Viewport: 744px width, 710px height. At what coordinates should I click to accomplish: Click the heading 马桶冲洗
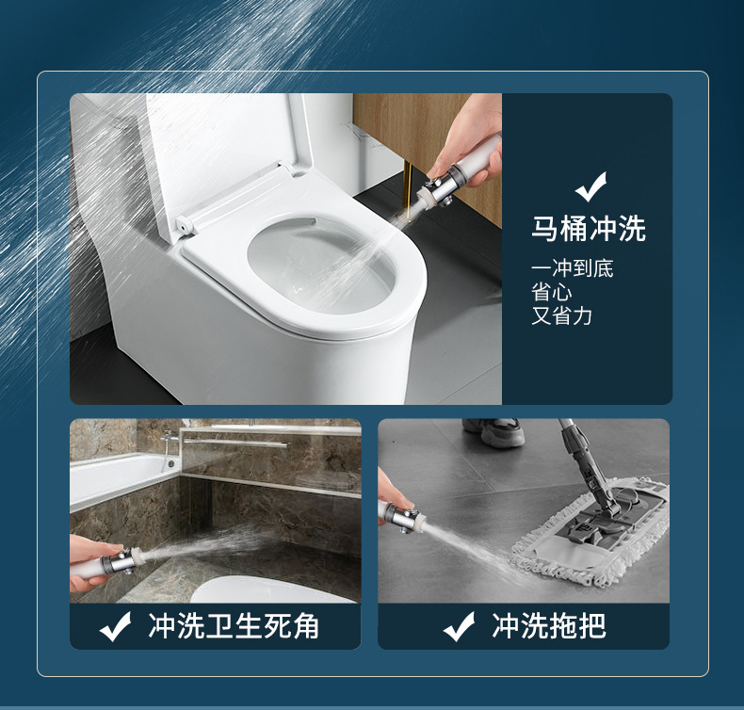tap(589, 229)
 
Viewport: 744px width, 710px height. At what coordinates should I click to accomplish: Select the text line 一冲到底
tap(572, 269)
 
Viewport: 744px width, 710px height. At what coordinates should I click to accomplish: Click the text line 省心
tap(551, 293)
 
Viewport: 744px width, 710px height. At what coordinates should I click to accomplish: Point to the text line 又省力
tap(561, 316)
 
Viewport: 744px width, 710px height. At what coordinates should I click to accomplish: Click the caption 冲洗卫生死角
tap(234, 626)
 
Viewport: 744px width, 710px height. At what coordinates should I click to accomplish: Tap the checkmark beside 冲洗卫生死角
tap(116, 627)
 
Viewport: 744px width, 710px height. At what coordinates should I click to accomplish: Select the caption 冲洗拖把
tap(549, 626)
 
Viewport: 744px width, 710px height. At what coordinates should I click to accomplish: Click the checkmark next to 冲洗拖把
tap(459, 627)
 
